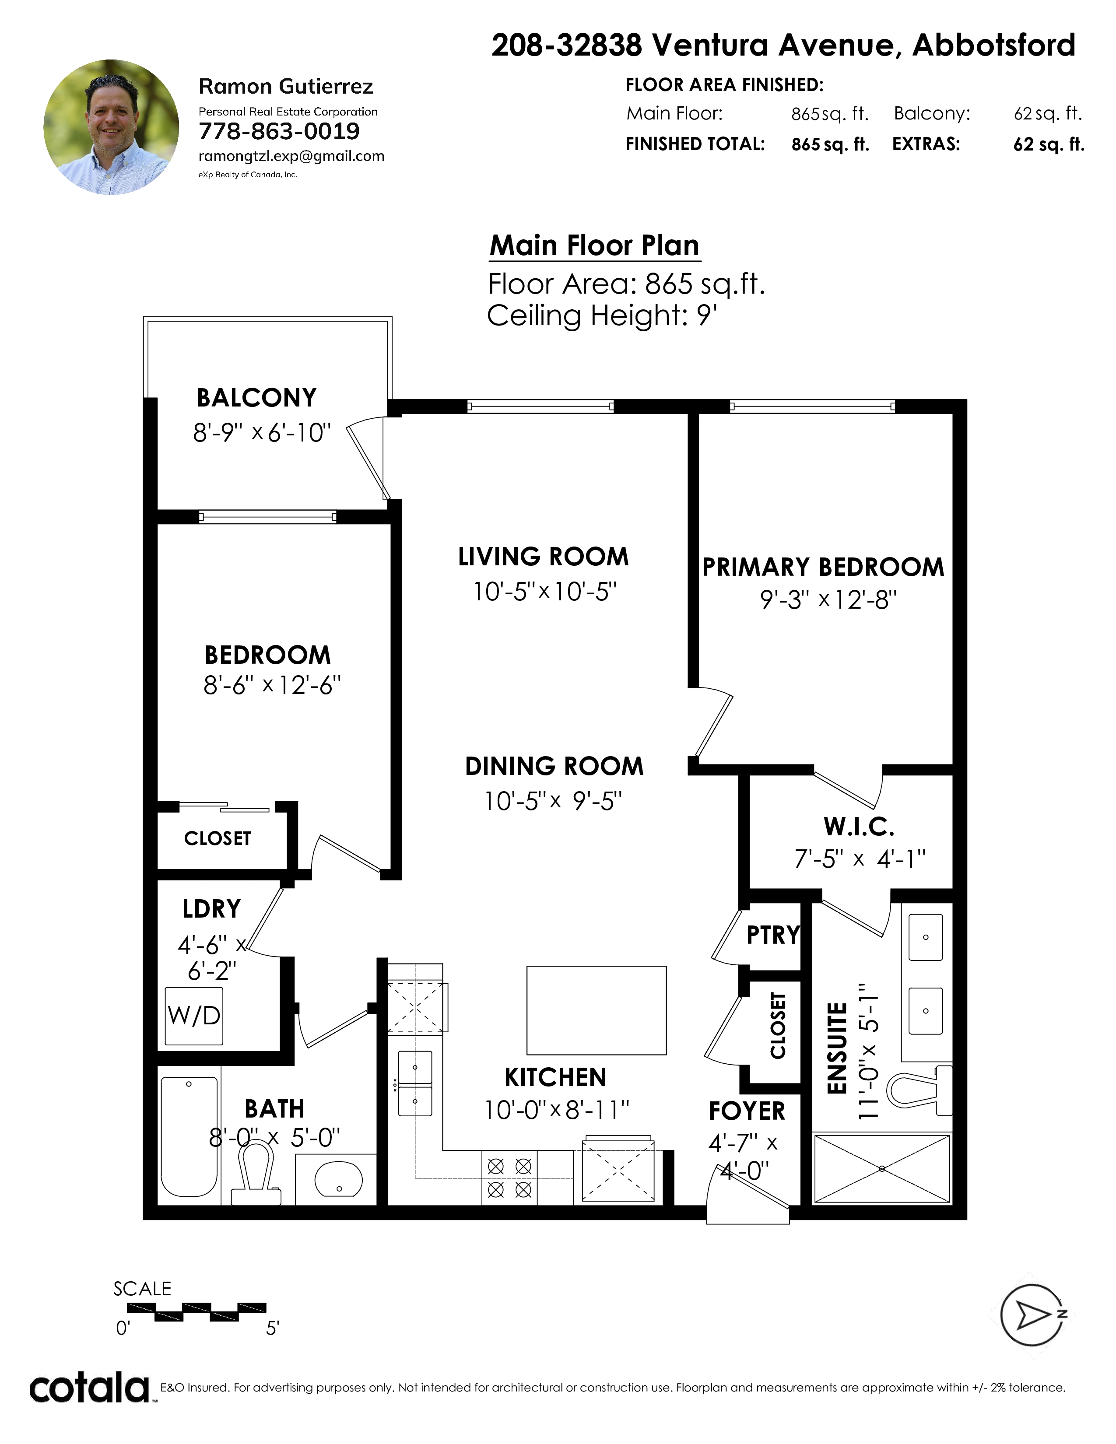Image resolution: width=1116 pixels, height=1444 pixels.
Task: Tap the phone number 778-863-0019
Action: pyautogui.click(x=279, y=132)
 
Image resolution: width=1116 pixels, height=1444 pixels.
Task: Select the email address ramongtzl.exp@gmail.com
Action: pyautogui.click(x=291, y=157)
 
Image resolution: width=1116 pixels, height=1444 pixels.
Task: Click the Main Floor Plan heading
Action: pyautogui.click(x=594, y=245)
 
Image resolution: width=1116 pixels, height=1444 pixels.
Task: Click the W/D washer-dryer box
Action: pyautogui.click(x=194, y=1016)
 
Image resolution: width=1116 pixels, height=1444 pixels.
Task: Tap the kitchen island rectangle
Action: pyautogui.click(x=597, y=1009)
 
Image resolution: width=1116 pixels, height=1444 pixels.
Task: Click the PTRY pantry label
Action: pyautogui.click(x=773, y=935)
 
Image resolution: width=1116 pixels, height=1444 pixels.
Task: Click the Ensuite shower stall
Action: pyautogui.click(x=882, y=1168)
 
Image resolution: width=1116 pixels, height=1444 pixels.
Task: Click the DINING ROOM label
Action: pyautogui.click(x=554, y=766)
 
